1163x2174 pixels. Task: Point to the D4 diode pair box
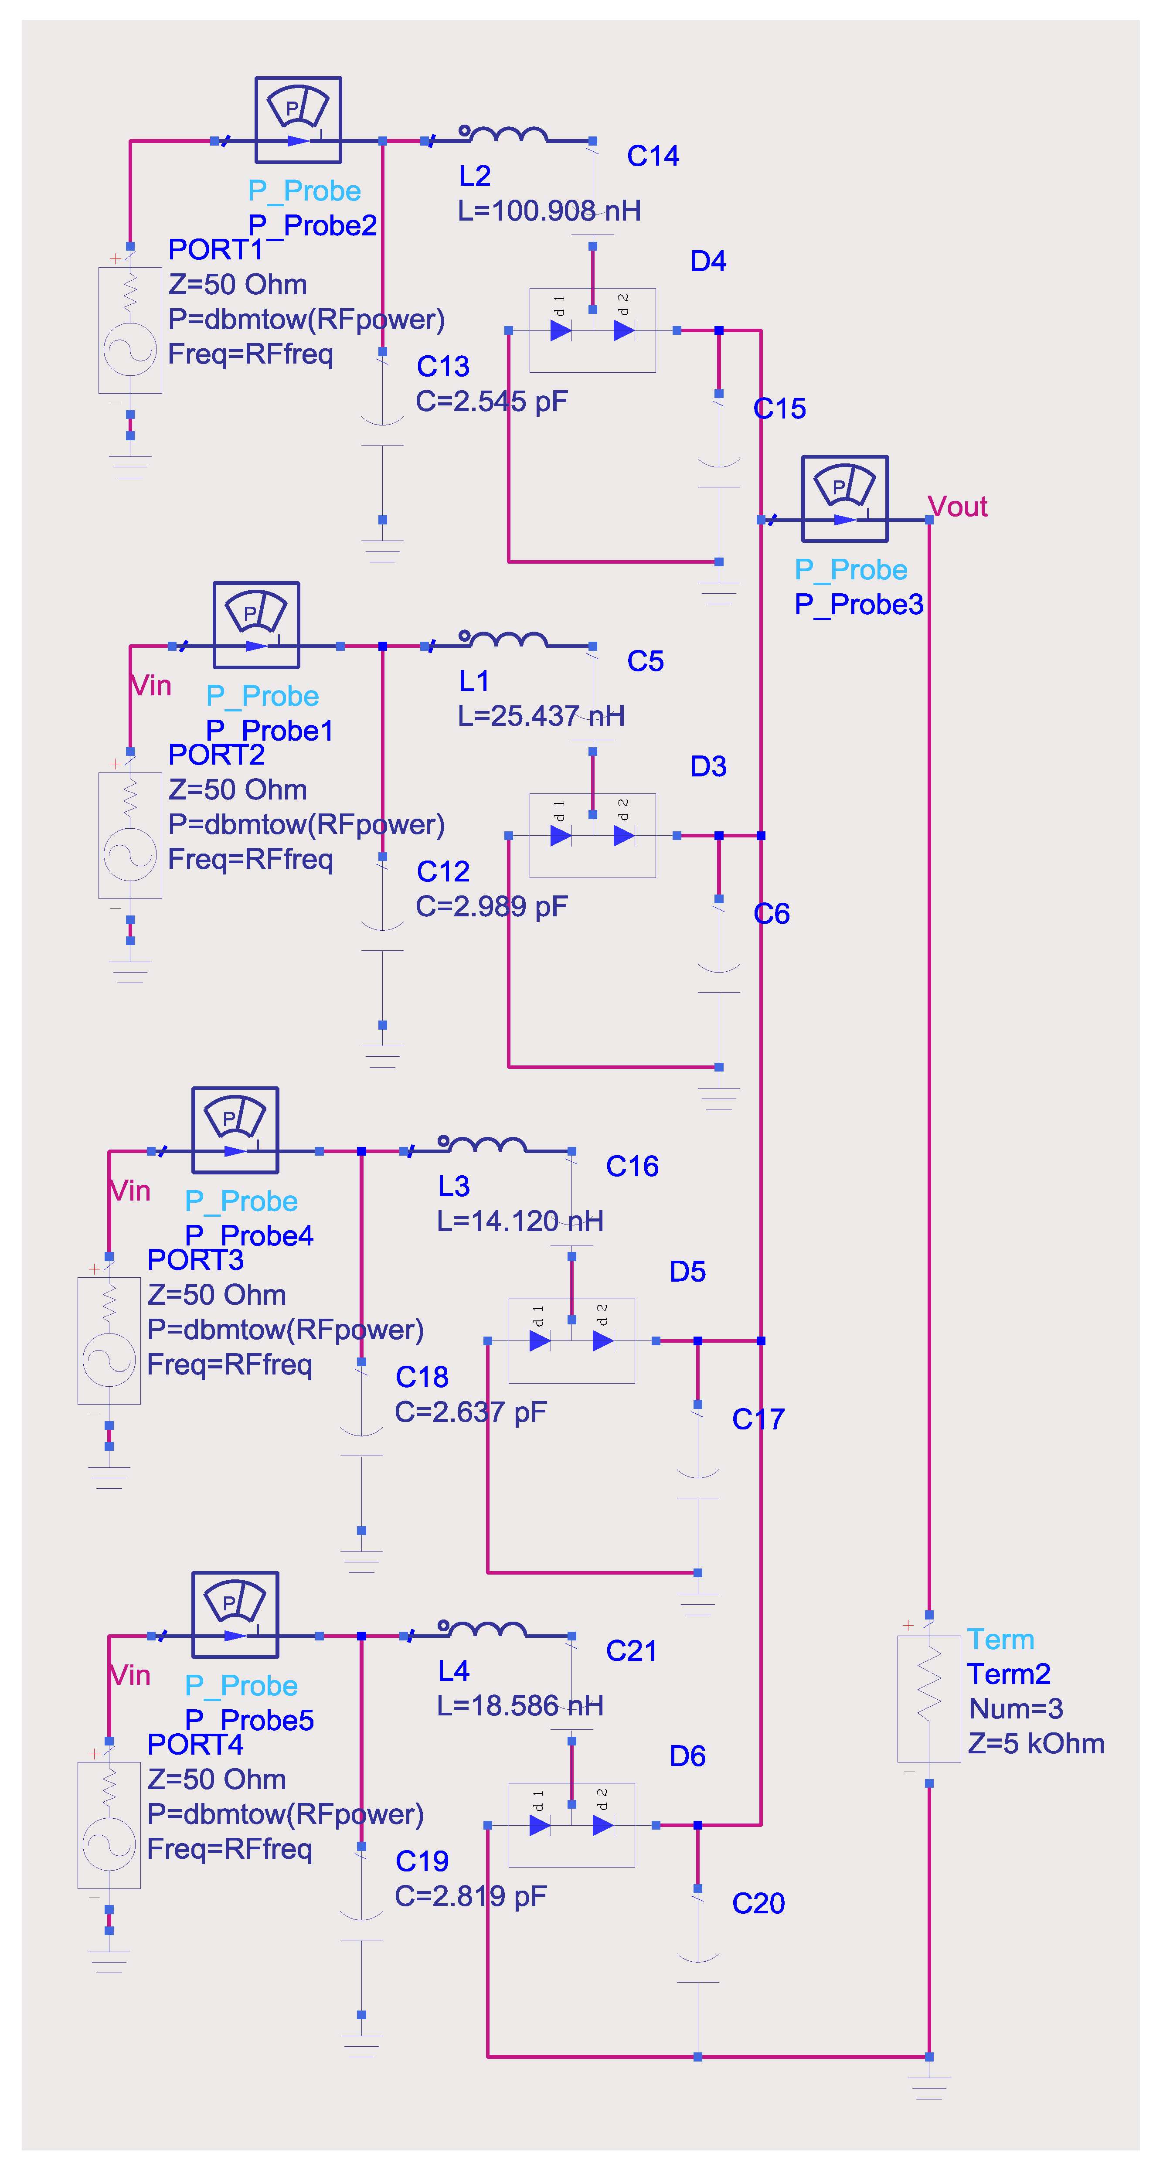pos(592,330)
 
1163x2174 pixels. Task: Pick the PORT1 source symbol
pos(130,330)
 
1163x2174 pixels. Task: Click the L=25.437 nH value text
pos(541,716)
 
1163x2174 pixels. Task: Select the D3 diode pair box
pos(592,836)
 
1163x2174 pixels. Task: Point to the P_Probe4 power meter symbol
pos(235,1130)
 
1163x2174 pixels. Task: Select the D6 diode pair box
pos(571,1825)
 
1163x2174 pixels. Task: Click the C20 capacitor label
pos(758,1903)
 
